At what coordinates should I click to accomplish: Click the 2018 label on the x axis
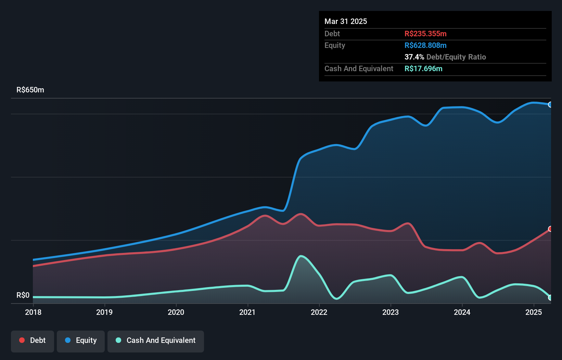click(x=33, y=312)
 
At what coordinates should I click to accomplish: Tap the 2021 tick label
click(x=247, y=312)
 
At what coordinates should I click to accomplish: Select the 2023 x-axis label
click(x=391, y=312)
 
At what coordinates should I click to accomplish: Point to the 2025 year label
click(x=534, y=312)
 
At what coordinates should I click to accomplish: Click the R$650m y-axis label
click(x=30, y=90)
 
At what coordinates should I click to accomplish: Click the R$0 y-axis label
click(x=23, y=295)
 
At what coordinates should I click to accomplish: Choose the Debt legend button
click(x=33, y=340)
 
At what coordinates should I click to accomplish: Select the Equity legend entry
click(x=81, y=340)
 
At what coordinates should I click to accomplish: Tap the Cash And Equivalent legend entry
click(x=156, y=340)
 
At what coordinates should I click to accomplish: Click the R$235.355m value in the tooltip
click(x=425, y=34)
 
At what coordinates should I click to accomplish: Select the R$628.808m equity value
click(x=425, y=46)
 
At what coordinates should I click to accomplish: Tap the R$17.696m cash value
click(x=423, y=69)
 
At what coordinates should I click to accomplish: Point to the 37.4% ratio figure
click(x=414, y=57)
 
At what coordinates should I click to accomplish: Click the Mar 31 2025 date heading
click(x=346, y=22)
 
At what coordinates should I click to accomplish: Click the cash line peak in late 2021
click(x=301, y=256)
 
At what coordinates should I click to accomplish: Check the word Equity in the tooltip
click(x=335, y=46)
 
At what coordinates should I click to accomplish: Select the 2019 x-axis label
click(x=104, y=312)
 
